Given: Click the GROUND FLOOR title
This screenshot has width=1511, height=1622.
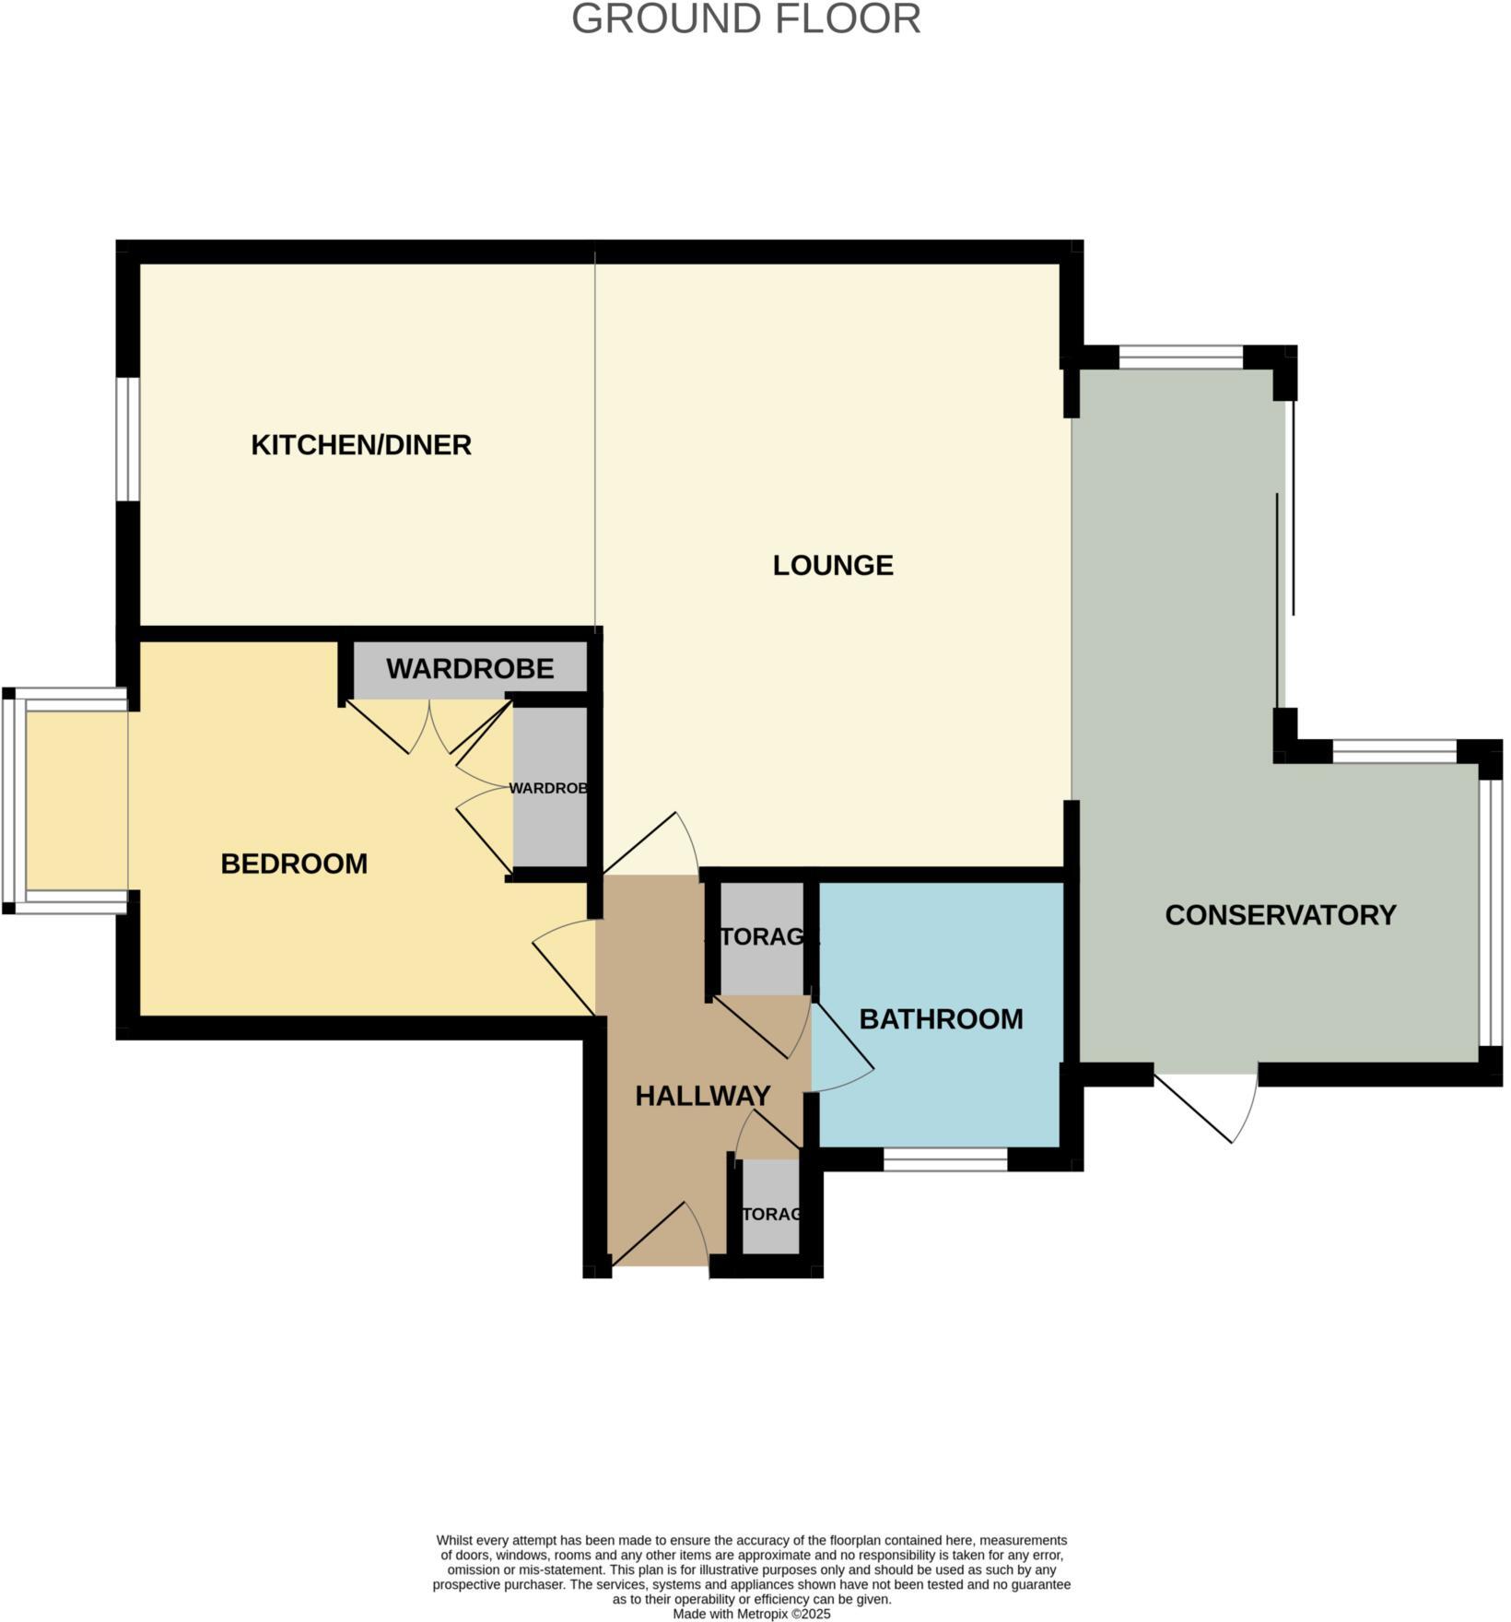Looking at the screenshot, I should (x=746, y=19).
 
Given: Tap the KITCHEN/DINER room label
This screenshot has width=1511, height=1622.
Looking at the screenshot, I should (x=361, y=445).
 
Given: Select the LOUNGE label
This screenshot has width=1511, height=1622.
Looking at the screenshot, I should (x=833, y=565).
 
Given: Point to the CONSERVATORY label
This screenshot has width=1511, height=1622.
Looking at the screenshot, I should (x=1281, y=915).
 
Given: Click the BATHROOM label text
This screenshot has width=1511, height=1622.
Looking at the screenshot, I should (x=941, y=1019).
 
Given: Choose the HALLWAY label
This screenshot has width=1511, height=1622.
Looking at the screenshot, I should (x=703, y=1096).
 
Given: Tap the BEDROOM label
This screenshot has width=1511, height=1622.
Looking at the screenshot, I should (x=294, y=864).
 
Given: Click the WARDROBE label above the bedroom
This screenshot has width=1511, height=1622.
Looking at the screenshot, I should (x=470, y=669).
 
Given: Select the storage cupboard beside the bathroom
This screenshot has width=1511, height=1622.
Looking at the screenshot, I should (x=761, y=938).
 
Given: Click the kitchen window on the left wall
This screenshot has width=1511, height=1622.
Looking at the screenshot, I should (x=127, y=439).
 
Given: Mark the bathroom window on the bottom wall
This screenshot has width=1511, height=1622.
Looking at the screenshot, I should (x=945, y=1159).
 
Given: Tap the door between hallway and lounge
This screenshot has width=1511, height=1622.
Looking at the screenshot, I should (x=651, y=845).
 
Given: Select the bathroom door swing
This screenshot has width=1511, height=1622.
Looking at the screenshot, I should (x=841, y=1051).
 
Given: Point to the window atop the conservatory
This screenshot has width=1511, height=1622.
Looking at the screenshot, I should (x=1181, y=357).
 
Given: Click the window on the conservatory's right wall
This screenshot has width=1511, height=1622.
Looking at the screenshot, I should (x=1491, y=913).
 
